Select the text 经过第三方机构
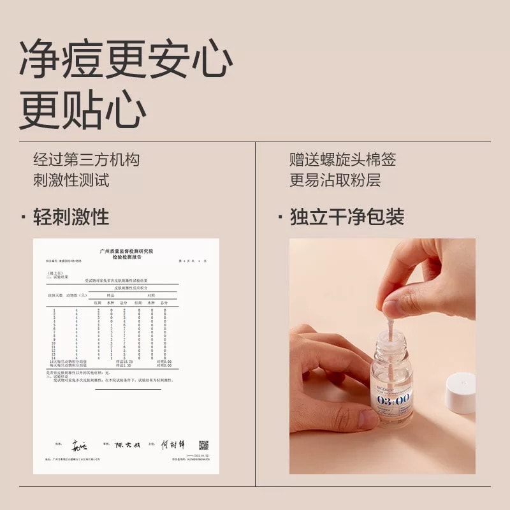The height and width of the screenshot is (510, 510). tap(86, 159)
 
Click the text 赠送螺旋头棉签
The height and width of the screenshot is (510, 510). tap(342, 159)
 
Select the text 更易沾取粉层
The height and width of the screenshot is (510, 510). tap(335, 180)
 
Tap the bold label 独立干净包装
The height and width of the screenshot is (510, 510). tap(347, 217)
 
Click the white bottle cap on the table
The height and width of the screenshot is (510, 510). tap(461, 393)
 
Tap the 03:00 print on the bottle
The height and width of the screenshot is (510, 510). tap(394, 400)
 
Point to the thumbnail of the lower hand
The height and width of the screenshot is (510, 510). tap(368, 418)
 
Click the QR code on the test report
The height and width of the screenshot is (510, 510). tap(203, 445)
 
